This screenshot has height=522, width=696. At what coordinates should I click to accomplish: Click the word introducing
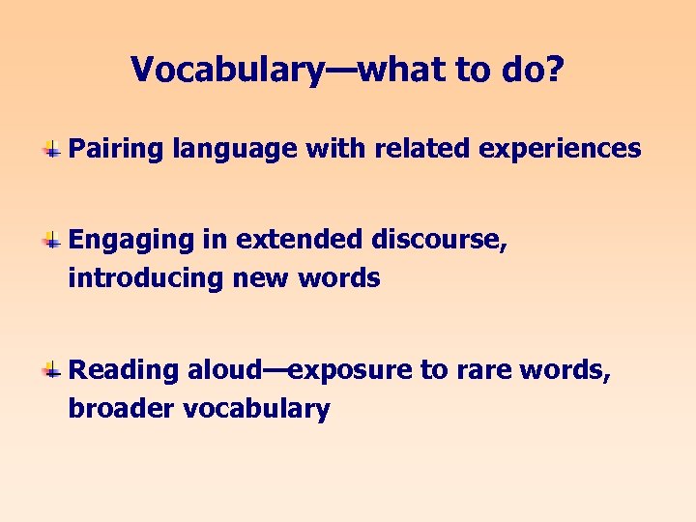pos(145,278)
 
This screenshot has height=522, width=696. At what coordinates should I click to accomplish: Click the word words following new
pos(339,278)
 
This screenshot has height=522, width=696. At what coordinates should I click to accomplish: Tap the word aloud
pos(224,369)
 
